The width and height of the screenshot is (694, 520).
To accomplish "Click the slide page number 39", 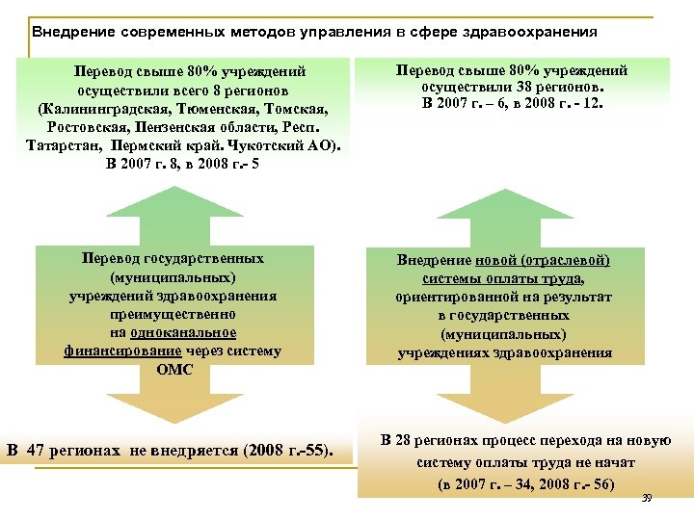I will tap(646, 498).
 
